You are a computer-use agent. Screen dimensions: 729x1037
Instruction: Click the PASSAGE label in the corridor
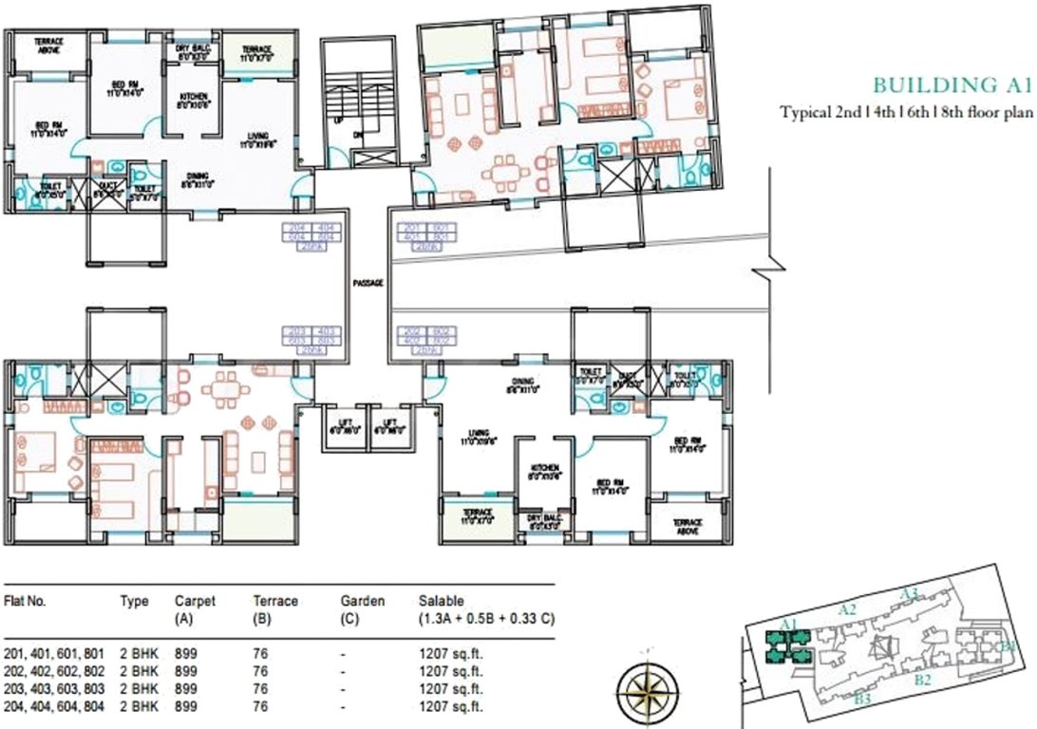[x=367, y=283]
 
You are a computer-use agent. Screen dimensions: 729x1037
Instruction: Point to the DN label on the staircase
[x=359, y=135]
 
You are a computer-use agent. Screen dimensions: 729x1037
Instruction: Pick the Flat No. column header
[x=26, y=601]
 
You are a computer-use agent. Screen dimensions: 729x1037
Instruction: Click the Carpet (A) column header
[x=195, y=608]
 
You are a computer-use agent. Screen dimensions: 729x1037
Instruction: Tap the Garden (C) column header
[x=362, y=608]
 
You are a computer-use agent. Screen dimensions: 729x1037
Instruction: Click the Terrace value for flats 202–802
[x=261, y=673]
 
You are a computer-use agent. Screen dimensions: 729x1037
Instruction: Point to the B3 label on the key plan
[x=862, y=700]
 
